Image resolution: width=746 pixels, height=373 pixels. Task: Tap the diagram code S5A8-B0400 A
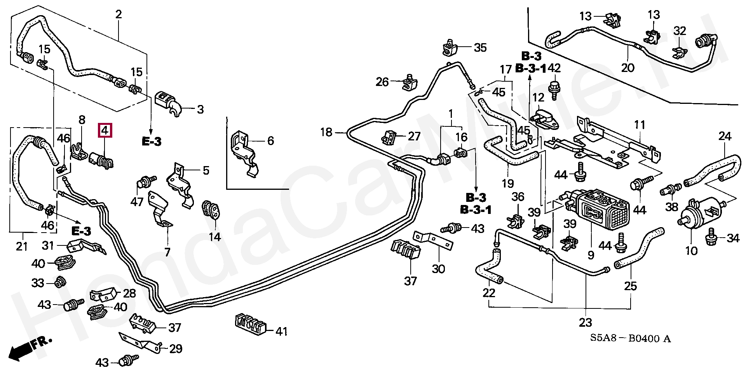pos(630,339)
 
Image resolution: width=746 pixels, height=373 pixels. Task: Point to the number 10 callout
pos(692,250)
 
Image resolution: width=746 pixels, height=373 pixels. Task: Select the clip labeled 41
pos(251,324)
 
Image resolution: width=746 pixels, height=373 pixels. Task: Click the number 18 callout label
pos(326,133)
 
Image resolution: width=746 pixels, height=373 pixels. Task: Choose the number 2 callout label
pos(119,15)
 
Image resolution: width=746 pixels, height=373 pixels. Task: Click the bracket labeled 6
pos(244,153)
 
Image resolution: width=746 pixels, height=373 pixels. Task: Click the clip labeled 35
pos(450,48)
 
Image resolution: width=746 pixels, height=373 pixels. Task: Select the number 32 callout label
pos(680,31)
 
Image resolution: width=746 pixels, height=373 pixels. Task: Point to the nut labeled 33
pos(59,282)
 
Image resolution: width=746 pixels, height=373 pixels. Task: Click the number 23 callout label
pos(586,322)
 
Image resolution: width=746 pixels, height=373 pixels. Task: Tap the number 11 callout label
pos(640,125)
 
